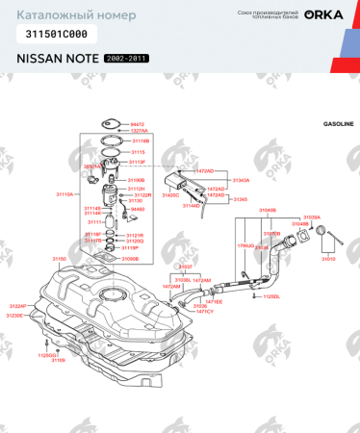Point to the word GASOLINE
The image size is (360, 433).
[x=338, y=125]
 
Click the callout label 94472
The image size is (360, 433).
[x=138, y=124]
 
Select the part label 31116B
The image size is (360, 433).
[x=140, y=140]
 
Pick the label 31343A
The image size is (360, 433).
[x=241, y=180]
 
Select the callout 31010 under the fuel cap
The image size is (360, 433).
[x=328, y=258]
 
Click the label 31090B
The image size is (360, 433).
[x=131, y=259]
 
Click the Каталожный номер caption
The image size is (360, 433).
[x=60, y=15]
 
